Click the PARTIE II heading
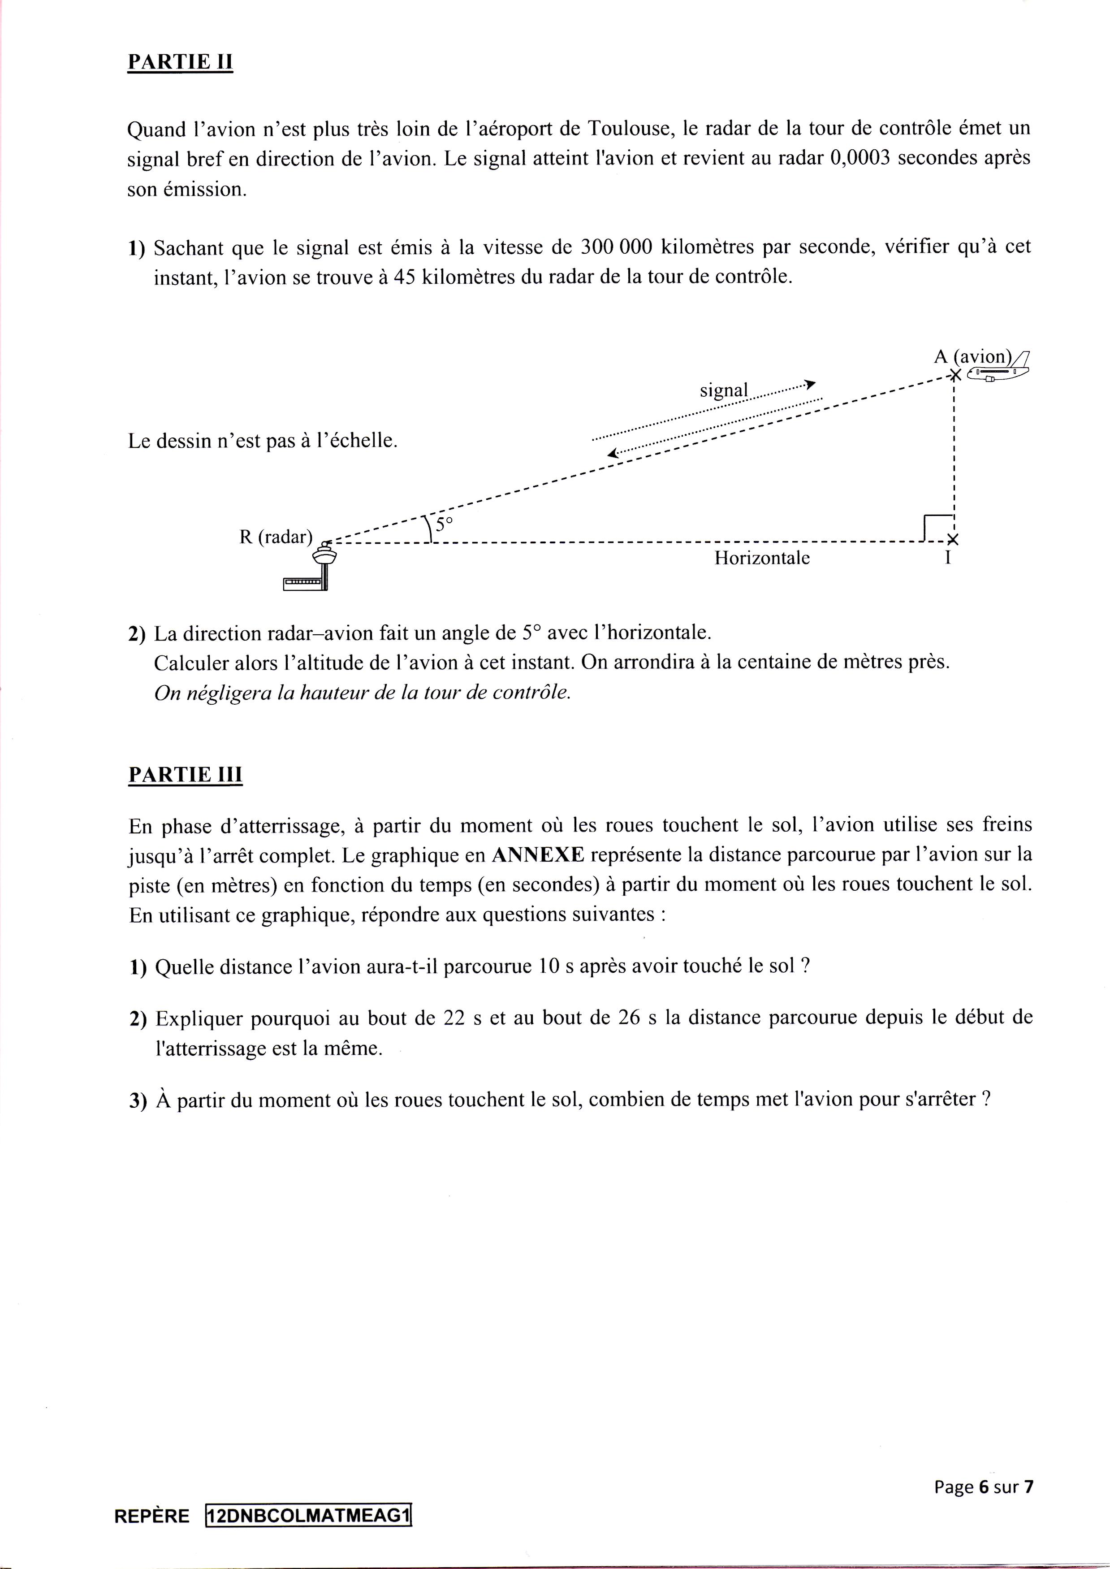181,62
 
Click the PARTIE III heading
185,775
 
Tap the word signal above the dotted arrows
723,390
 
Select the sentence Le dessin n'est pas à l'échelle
263,441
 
